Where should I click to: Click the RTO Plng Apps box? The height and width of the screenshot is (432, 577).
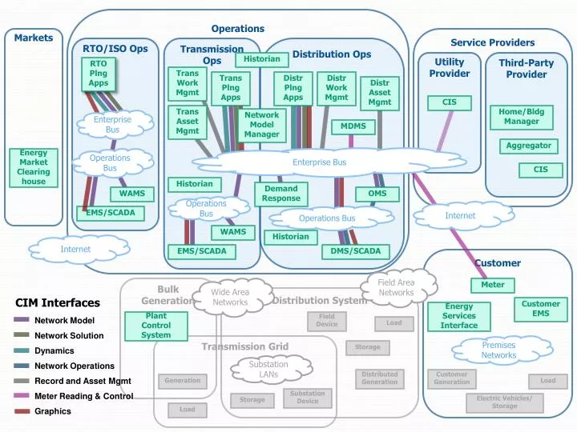tap(99, 74)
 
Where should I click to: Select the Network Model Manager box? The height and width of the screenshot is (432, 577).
tap(261, 125)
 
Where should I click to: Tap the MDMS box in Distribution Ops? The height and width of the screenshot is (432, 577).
tap(353, 126)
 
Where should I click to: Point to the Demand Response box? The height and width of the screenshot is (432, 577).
tap(280, 194)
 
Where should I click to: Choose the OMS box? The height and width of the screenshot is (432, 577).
tap(377, 194)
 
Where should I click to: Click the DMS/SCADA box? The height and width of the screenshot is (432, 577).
tap(356, 251)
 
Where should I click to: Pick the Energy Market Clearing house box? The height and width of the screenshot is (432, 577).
tap(34, 166)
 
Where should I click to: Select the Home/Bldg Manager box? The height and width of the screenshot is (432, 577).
tap(521, 117)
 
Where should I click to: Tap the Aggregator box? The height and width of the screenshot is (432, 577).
tap(528, 146)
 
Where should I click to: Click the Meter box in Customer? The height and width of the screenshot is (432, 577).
tap(493, 285)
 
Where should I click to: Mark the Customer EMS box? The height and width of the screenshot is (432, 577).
tap(541, 309)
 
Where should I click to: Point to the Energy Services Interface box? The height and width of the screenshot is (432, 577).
tap(459, 316)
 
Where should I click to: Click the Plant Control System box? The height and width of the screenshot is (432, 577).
tap(155, 326)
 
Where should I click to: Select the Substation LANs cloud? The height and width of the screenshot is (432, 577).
tap(268, 370)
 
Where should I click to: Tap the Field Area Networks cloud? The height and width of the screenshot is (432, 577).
tap(396, 287)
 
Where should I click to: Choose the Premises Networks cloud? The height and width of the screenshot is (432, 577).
tap(498, 350)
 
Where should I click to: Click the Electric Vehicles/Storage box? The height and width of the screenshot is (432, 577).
tap(504, 402)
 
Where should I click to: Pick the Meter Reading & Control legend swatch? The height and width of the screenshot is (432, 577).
tap(22, 396)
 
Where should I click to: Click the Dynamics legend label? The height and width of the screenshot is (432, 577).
tap(54, 350)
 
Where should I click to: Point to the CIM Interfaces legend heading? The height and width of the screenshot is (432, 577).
tap(58, 302)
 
